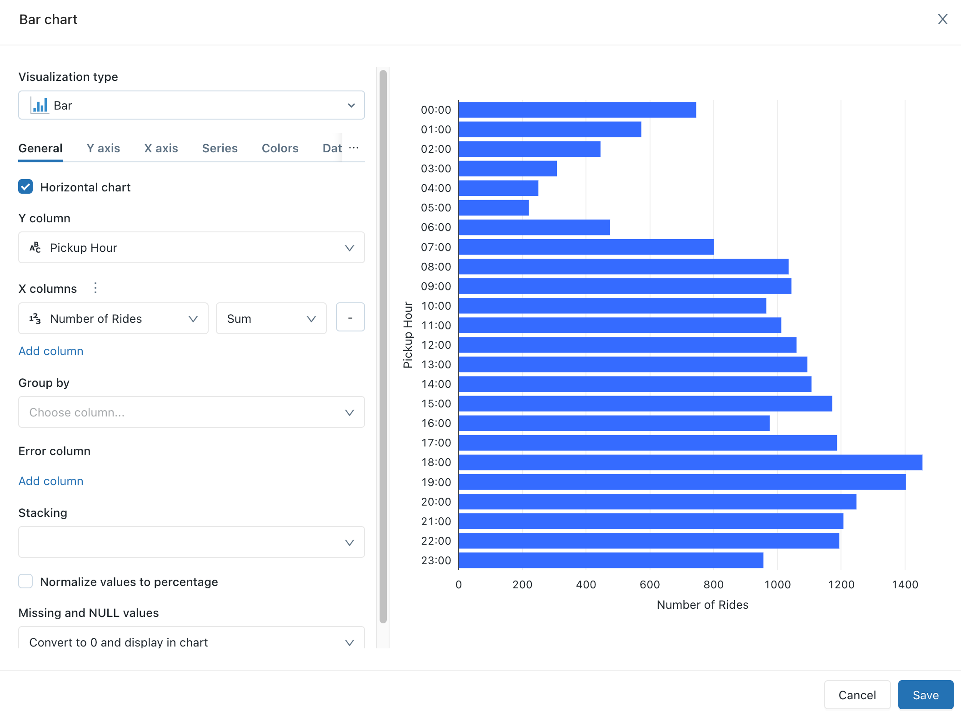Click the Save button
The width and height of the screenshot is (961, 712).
(x=925, y=695)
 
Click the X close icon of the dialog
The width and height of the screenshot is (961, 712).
(x=942, y=19)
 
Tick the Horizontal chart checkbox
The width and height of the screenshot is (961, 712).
(x=25, y=186)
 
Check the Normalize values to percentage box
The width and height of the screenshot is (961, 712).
(x=25, y=581)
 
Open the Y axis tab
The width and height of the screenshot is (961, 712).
(x=103, y=148)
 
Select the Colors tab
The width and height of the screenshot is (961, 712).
(x=280, y=148)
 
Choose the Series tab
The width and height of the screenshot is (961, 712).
(x=220, y=148)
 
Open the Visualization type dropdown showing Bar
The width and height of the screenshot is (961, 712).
(x=191, y=105)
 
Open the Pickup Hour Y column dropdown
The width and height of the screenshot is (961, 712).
(x=191, y=248)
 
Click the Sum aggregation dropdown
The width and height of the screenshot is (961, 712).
(x=271, y=319)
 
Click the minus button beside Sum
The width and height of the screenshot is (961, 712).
(x=350, y=318)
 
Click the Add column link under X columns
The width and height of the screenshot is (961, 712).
(x=51, y=351)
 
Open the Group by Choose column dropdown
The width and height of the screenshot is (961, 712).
(x=191, y=412)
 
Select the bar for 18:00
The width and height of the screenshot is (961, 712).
(x=690, y=462)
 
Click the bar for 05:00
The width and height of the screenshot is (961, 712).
(x=494, y=208)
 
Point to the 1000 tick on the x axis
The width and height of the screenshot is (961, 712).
(x=777, y=584)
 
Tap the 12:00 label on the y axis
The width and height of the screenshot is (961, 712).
(x=436, y=345)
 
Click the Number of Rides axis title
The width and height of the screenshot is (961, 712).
(x=702, y=605)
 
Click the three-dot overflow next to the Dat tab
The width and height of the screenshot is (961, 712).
(x=354, y=148)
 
